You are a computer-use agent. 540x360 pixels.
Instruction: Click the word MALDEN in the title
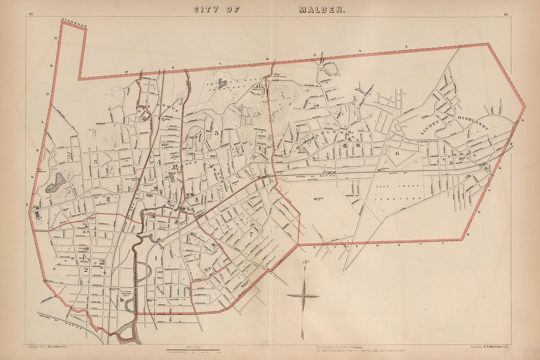pyautogui.click(x=321, y=9)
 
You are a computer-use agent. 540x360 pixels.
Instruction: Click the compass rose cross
pyautogui.click(x=303, y=295)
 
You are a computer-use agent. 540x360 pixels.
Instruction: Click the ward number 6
pyautogui.click(x=397, y=154)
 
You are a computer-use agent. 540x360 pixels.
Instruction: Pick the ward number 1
pyautogui.click(x=156, y=257)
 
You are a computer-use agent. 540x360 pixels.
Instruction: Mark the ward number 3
pyautogui.click(x=94, y=162)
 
